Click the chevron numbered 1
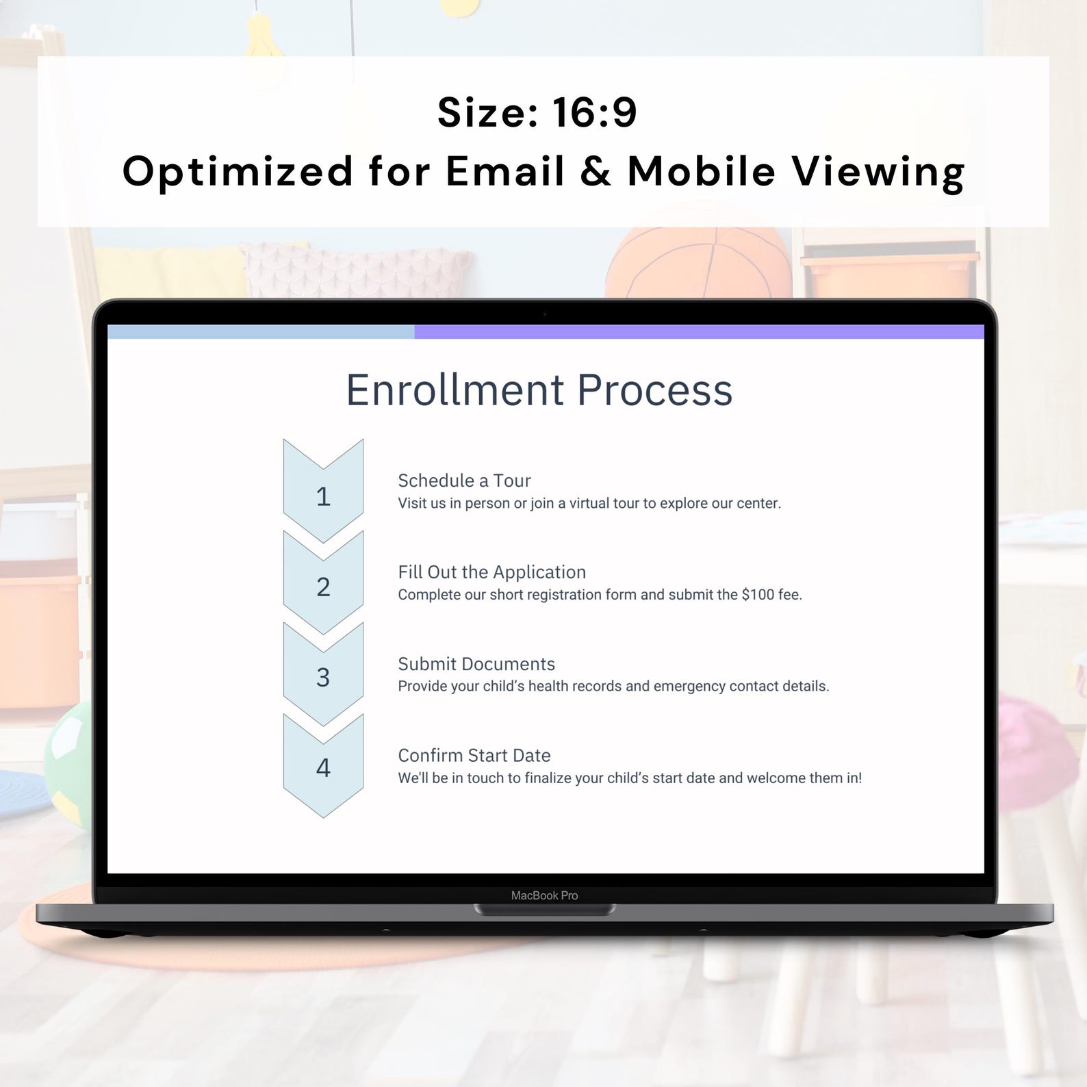(x=323, y=496)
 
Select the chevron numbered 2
(x=323, y=587)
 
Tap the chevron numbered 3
(x=323, y=677)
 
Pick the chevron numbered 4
(x=323, y=768)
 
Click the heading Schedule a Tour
(x=464, y=481)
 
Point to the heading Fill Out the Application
(x=491, y=572)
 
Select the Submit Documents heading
(x=476, y=664)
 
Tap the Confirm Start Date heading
(x=474, y=756)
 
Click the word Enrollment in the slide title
(x=455, y=390)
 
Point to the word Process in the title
(x=654, y=390)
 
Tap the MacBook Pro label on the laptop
(x=544, y=895)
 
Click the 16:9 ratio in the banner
(x=594, y=112)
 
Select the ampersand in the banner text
(x=596, y=171)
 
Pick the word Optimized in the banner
(x=238, y=171)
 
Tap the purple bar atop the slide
(x=698, y=332)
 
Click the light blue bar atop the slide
(x=260, y=332)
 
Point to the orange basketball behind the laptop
(x=698, y=264)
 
